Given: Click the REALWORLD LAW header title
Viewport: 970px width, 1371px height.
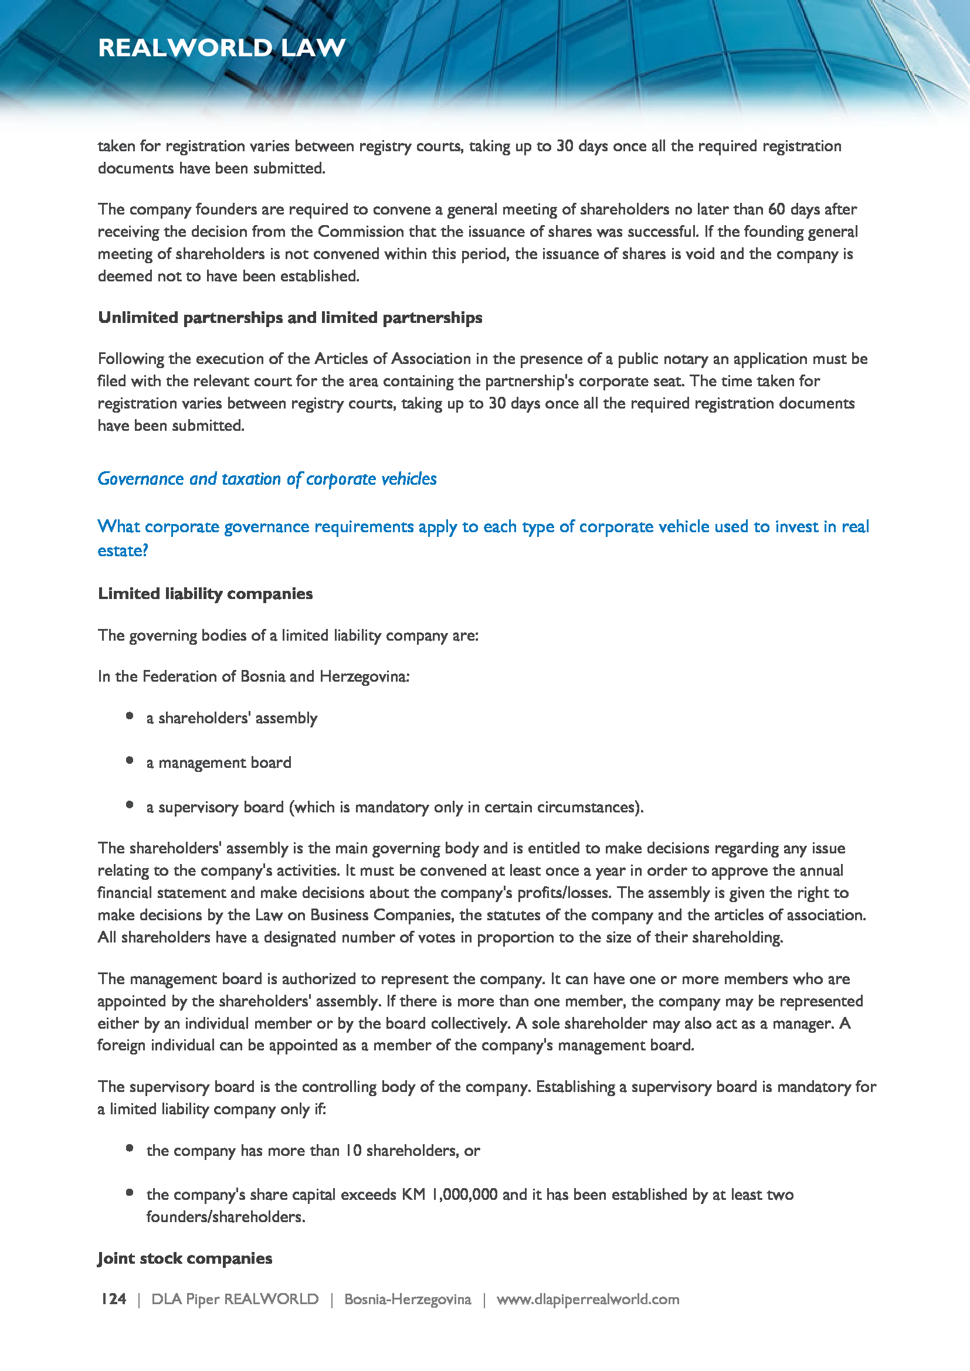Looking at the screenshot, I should coord(222,47).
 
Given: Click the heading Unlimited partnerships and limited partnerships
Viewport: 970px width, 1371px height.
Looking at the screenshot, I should coord(290,318).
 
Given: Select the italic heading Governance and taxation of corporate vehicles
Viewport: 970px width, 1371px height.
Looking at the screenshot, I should coord(267,479).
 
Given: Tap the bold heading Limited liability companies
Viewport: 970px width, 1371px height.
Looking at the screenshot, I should coord(205,594).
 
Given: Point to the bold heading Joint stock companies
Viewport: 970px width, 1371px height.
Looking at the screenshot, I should coord(185,1258).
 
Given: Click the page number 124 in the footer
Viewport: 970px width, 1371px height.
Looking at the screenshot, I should coord(114,1299).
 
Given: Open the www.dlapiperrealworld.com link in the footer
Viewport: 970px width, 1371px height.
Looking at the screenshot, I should coord(588,1299).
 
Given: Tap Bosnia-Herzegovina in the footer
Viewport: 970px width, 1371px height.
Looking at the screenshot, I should coord(408,1299).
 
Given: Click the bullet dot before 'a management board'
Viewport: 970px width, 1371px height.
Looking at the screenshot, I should coord(130,760).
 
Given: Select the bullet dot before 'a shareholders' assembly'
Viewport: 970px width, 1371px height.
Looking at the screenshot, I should coord(130,715).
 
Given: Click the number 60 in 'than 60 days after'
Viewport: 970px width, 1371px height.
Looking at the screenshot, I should coord(776,210).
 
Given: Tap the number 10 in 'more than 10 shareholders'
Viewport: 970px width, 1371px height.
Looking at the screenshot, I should coord(353,1150).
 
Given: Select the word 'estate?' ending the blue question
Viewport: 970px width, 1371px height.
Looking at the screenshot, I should coord(123,550).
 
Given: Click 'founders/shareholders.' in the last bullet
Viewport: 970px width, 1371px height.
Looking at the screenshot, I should coord(226,1217).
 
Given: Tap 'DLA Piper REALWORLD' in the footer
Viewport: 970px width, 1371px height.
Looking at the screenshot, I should coord(235,1299).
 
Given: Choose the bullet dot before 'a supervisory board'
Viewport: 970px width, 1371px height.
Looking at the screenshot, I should coord(130,804).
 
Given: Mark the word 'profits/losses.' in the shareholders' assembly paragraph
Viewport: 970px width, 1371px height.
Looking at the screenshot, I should coord(565,893).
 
